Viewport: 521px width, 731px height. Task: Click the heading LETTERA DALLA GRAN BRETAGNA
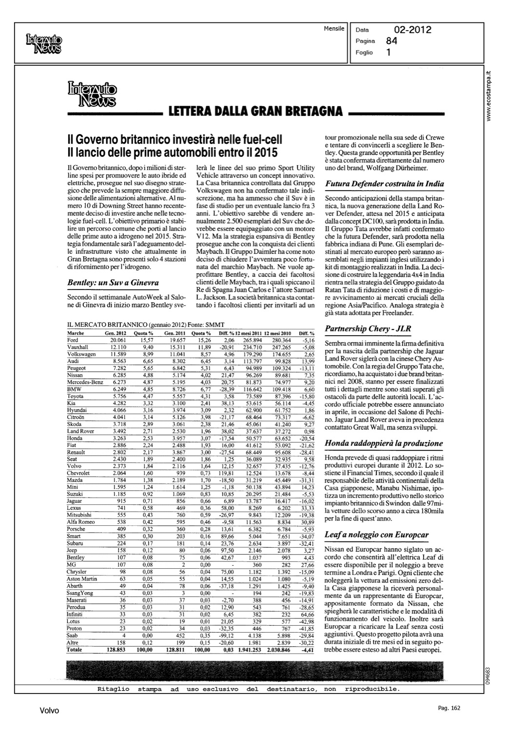pyautogui.click(x=255, y=111)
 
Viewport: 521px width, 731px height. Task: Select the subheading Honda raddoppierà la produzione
pyautogui.click(x=384, y=443)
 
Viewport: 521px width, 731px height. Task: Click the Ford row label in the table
pyautogui.click(x=72, y=340)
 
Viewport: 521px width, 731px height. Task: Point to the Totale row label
pyautogui.click(x=75, y=650)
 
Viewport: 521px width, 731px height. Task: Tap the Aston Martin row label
pyautogui.click(x=82, y=579)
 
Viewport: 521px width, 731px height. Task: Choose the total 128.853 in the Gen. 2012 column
pyautogui.click(x=116, y=650)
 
